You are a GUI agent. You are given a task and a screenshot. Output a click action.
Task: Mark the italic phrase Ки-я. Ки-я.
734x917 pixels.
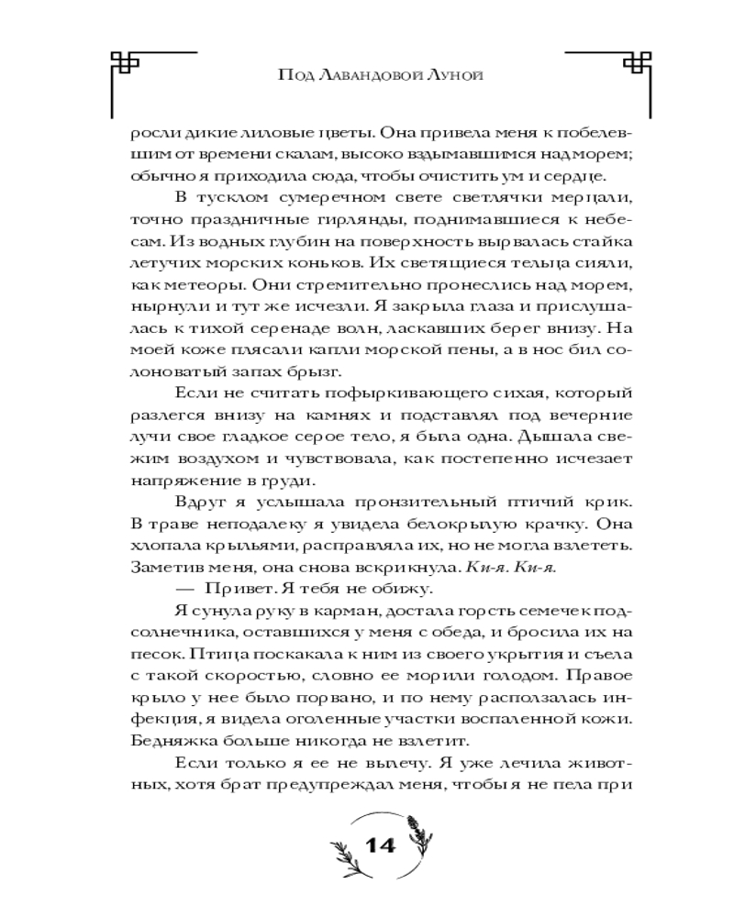[x=513, y=568]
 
